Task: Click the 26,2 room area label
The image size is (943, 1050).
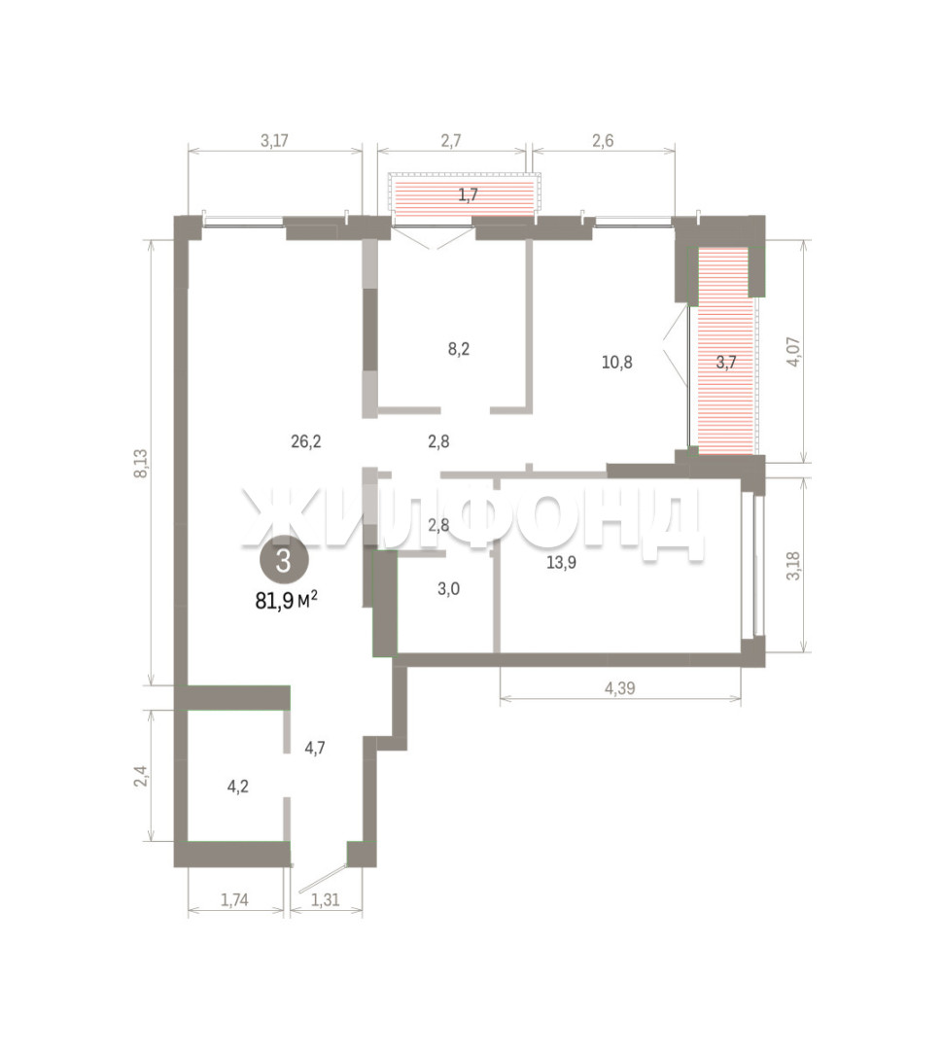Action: tap(306, 441)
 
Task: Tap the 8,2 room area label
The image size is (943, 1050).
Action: tap(458, 349)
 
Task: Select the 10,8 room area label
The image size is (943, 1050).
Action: tap(616, 363)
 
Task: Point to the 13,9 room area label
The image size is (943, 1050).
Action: tap(561, 563)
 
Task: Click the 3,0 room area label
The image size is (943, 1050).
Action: tap(448, 589)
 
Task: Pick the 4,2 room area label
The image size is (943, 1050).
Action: tap(238, 787)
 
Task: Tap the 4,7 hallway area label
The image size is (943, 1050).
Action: tap(315, 748)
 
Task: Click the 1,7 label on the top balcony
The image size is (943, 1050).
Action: tap(468, 195)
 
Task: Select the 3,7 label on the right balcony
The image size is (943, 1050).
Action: tap(726, 363)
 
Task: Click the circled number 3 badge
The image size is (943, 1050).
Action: tap(283, 561)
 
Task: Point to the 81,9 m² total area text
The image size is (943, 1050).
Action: tap(286, 601)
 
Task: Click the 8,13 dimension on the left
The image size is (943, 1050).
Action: tap(141, 463)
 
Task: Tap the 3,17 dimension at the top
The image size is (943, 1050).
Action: tap(274, 141)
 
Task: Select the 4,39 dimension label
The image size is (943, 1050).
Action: tap(619, 687)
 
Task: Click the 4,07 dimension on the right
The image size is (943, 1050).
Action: tap(793, 352)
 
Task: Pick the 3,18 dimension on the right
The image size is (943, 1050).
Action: tap(793, 566)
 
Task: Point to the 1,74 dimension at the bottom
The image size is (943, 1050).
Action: tap(234, 900)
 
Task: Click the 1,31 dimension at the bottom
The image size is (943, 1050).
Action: tap(326, 900)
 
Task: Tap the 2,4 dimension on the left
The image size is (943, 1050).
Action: tap(141, 776)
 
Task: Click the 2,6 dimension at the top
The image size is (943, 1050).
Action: tap(603, 141)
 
